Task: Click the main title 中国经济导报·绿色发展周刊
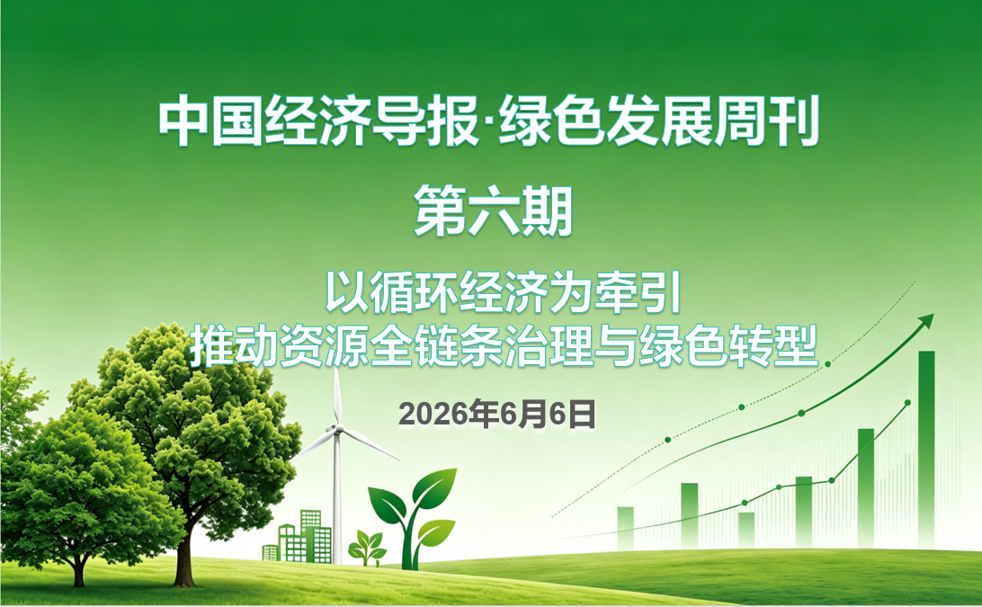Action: click(x=489, y=121)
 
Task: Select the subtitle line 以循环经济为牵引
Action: click(x=503, y=292)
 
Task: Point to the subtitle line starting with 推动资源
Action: click(x=504, y=345)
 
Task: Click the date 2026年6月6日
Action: click(x=497, y=414)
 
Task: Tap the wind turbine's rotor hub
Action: click(x=336, y=429)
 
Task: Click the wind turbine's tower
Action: click(x=337, y=498)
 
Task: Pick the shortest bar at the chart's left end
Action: click(x=625, y=528)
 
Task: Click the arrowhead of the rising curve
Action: click(x=926, y=321)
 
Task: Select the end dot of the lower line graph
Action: click(x=908, y=402)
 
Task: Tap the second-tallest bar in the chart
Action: click(x=866, y=487)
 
